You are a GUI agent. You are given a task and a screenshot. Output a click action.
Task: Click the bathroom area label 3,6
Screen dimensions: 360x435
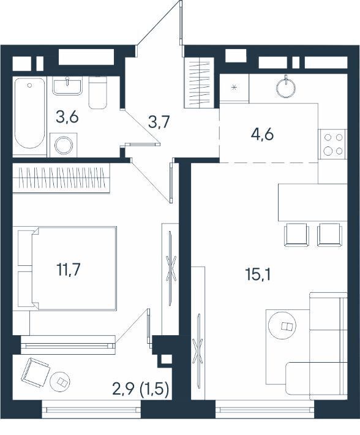(67, 117)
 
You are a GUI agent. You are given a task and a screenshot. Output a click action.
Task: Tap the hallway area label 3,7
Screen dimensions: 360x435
(159, 122)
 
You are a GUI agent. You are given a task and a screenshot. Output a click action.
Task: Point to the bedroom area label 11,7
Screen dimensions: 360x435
(69, 270)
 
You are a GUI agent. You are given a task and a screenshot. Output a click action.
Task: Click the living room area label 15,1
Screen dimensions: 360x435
(258, 274)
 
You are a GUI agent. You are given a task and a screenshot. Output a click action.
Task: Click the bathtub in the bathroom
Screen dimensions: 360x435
(29, 113)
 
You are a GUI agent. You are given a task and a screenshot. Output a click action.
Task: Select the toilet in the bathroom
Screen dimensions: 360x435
(97, 93)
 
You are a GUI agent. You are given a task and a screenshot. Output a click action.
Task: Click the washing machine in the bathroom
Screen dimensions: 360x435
(64, 145)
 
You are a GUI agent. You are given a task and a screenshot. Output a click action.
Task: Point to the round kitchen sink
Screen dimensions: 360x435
(285, 88)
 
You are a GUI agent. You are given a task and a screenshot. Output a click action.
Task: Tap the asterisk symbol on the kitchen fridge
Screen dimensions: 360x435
(234, 88)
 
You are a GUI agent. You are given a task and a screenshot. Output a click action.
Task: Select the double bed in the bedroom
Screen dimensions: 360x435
(73, 268)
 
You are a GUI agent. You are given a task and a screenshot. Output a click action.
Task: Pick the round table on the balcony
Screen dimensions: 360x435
(60, 382)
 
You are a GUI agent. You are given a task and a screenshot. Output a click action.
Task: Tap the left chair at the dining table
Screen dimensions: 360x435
(296, 235)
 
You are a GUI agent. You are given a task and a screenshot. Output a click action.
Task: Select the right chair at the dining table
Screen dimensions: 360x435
(330, 235)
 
